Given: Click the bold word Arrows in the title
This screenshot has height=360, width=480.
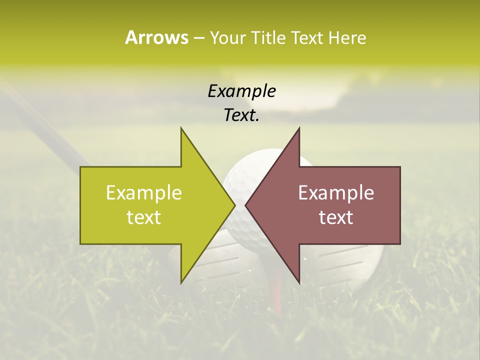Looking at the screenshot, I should [156, 37].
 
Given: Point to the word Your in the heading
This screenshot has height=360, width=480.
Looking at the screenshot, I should [227, 37].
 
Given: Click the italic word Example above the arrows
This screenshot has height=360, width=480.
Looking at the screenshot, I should [241, 91].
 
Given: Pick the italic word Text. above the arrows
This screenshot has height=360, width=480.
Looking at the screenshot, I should [241, 115].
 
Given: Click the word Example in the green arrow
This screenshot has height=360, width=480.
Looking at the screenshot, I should [144, 193].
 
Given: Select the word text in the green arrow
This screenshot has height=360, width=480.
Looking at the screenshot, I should [144, 217].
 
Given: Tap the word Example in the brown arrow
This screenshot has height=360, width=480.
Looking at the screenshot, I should [336, 193].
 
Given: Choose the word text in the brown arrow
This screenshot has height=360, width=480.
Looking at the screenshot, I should [336, 217].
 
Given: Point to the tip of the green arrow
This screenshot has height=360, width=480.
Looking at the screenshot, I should [234, 205].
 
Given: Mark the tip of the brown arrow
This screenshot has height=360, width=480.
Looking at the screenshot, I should [245, 205].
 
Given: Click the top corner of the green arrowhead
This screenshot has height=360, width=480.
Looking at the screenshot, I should [181, 128].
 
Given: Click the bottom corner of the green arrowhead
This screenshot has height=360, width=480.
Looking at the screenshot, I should [181, 282].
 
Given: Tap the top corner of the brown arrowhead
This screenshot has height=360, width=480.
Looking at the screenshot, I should [299, 128].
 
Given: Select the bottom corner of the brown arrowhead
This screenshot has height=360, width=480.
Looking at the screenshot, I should [299, 282].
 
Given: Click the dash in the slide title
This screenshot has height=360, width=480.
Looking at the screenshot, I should [198, 38].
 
